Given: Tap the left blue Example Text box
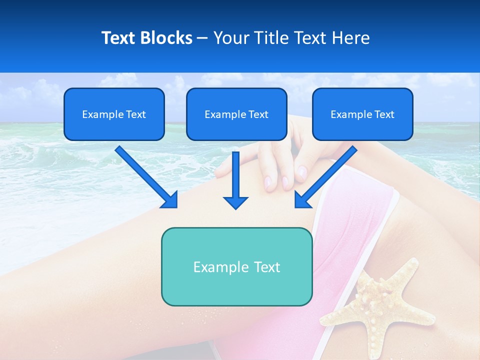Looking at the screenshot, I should [114, 114].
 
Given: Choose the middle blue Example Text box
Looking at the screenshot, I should [236, 114].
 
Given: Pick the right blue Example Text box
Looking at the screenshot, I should [362, 114].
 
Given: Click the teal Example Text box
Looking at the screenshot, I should [236, 266].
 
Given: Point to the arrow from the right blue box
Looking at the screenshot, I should [327, 175].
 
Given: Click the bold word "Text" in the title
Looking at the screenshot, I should [119, 38].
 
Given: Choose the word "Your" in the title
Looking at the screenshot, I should [230, 38].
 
